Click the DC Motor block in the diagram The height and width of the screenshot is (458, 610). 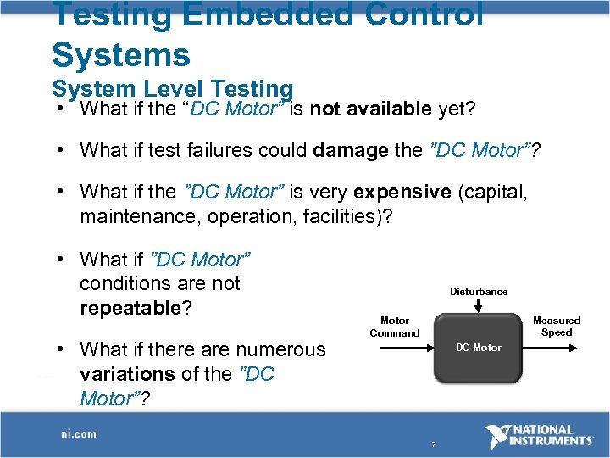[x=478, y=348]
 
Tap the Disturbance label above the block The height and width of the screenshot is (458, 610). [x=479, y=292]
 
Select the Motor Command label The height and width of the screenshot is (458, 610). [x=394, y=327]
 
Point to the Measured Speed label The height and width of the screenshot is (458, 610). [x=557, y=327]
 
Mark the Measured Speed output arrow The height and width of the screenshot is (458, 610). [x=551, y=347]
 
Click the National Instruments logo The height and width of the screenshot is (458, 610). [x=539, y=437]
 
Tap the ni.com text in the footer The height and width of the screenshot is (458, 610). [x=78, y=433]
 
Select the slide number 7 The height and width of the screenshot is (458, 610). [x=433, y=444]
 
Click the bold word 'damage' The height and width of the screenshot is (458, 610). [x=352, y=150]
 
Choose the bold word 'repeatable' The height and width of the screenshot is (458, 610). [x=130, y=307]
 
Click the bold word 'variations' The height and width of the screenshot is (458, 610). [x=124, y=373]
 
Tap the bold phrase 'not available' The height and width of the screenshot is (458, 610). [x=372, y=109]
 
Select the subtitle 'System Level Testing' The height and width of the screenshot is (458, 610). [x=172, y=88]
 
